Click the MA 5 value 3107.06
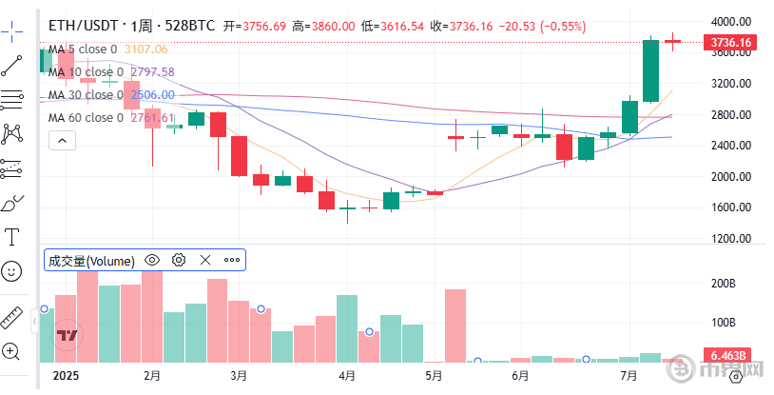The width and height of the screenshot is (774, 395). click(x=146, y=49)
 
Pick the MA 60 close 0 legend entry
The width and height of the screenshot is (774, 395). click(x=86, y=118)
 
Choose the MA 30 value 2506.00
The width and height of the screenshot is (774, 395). click(x=152, y=95)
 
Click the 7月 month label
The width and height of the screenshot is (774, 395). click(x=628, y=375)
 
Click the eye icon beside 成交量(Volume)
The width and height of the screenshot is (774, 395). click(x=151, y=260)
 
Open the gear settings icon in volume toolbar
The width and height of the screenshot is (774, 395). click(x=178, y=260)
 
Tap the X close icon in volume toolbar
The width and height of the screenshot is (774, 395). click(x=204, y=260)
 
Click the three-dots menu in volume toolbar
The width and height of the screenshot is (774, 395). click(x=232, y=260)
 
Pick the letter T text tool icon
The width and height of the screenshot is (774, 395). click(x=12, y=236)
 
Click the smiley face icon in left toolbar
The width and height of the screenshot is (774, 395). click(x=12, y=271)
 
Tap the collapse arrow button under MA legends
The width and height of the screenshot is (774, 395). click(x=62, y=141)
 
